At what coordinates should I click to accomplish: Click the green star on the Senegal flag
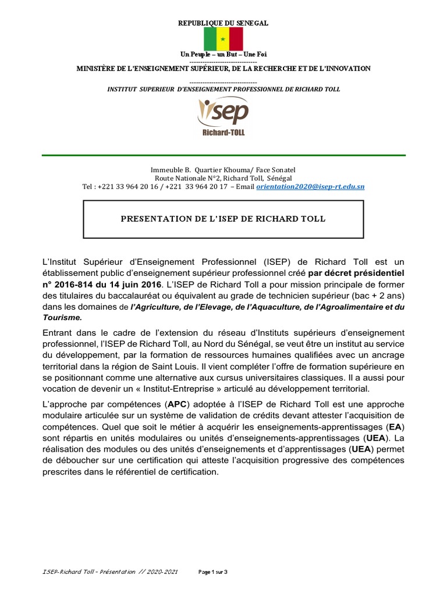(223, 39)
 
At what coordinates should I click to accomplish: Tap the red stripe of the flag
(236, 39)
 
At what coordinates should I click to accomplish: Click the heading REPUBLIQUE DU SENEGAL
(223, 23)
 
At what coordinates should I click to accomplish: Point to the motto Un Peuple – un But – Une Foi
(223, 54)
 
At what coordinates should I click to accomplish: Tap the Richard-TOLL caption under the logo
(223, 133)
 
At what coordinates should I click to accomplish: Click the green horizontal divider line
(223, 155)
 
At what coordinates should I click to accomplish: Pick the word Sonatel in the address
(283, 169)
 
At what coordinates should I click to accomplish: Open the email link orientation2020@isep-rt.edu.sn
(311, 187)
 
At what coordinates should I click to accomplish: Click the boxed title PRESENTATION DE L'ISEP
(223, 219)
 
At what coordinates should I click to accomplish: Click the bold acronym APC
(177, 404)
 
